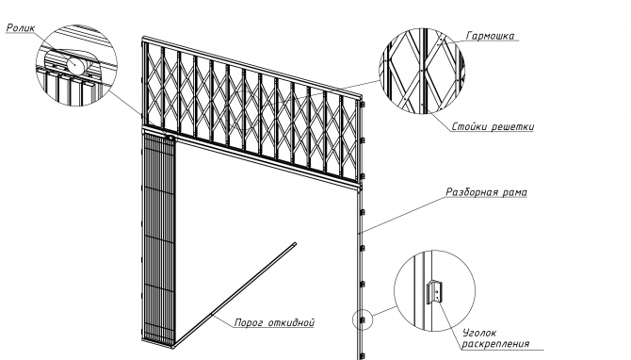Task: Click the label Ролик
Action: pos(21,27)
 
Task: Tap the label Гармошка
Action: pos(490,36)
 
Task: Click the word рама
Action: pos(515,192)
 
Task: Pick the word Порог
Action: pos(249,322)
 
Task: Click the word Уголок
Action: pos(478,333)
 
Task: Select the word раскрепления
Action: pos(495,344)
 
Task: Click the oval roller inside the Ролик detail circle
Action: pos(74,64)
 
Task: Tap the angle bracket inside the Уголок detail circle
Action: pos(434,291)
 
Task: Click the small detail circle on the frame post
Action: pos(363,319)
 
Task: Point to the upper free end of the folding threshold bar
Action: pos(295,244)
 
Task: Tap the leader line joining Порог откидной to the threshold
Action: pos(222,320)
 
